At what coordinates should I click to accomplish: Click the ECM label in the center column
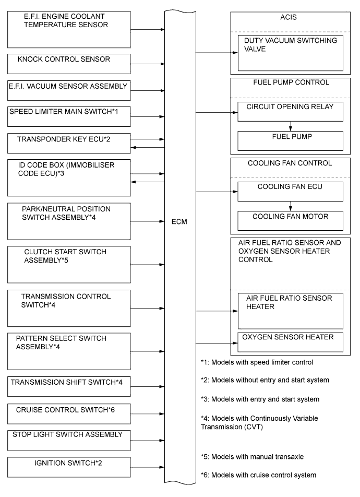pos(181,221)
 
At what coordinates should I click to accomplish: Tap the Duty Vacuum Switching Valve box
pos(290,53)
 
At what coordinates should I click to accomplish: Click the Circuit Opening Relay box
pos(290,111)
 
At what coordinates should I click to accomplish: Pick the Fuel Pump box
pos(290,140)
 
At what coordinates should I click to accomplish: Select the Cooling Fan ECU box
pos(290,192)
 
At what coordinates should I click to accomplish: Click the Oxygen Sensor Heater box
pos(290,342)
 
